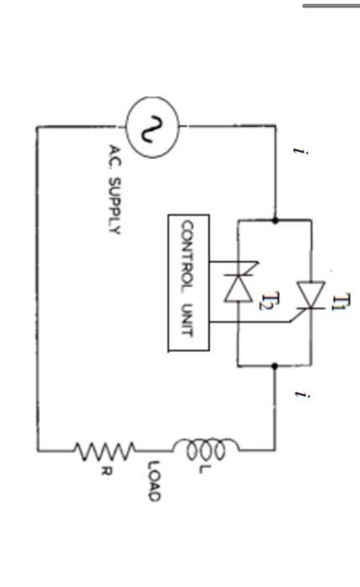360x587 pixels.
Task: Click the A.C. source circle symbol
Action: [x=152, y=127]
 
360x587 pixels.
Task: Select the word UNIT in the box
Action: [x=188, y=319]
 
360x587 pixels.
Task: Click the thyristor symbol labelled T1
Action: [x=311, y=295]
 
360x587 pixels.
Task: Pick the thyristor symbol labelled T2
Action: [x=239, y=286]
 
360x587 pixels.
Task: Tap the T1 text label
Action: [x=339, y=302]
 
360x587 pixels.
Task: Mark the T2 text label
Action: [x=267, y=302]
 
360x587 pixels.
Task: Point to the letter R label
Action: [x=105, y=472]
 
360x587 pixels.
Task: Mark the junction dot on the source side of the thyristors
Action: [x=274, y=221]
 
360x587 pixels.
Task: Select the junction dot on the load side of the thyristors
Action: [x=274, y=366]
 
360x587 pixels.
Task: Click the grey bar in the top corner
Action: [x=331, y=6]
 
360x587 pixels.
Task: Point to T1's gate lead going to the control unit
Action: [x=252, y=320]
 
